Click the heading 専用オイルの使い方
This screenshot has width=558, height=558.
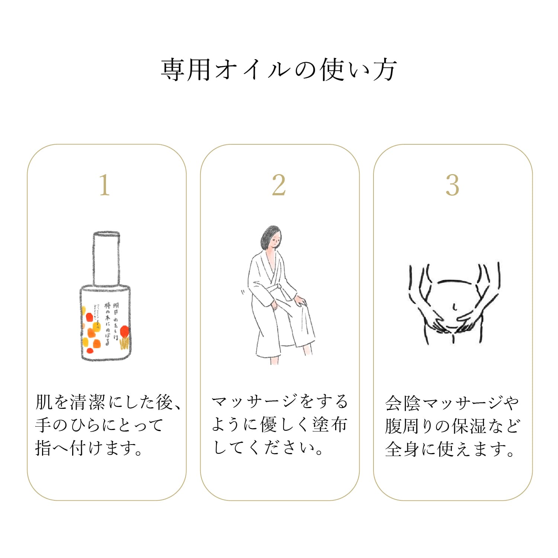coord(279,70)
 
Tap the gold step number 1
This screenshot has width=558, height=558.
coord(105,185)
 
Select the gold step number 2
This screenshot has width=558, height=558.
coord(279,185)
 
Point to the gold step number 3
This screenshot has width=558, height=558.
coord(452,185)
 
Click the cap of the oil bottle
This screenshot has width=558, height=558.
coord(106,259)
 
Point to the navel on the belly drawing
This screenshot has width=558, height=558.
coord(455,307)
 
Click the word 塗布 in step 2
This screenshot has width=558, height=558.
coord(330,425)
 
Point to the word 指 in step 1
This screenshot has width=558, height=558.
coord(43,448)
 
